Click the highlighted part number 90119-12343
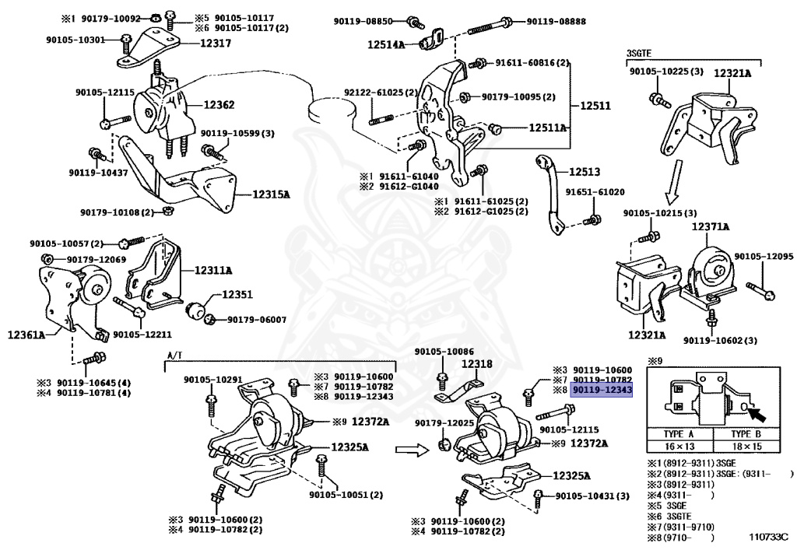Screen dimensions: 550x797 coord(602,389)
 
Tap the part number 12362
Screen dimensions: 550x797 coord(219,104)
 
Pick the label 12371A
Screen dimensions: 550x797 coord(711,227)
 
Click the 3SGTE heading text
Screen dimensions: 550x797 coord(638,53)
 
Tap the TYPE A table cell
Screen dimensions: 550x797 coord(678,434)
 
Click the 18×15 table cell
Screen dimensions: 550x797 coord(746,447)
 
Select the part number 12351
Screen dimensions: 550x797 coord(237,295)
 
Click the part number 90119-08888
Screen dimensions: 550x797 coord(556,21)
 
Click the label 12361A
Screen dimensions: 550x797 coord(26,335)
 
